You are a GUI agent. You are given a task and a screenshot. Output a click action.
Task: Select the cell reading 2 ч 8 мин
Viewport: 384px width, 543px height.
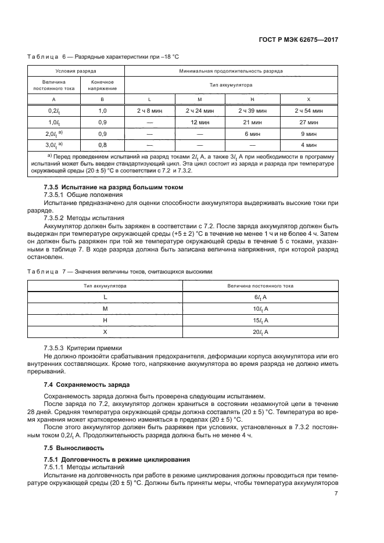[x=150, y=110]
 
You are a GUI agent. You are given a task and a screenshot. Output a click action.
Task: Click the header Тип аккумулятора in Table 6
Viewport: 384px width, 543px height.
[x=231, y=85]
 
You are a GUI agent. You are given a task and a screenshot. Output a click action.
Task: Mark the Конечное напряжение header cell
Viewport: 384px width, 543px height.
[x=103, y=85]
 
